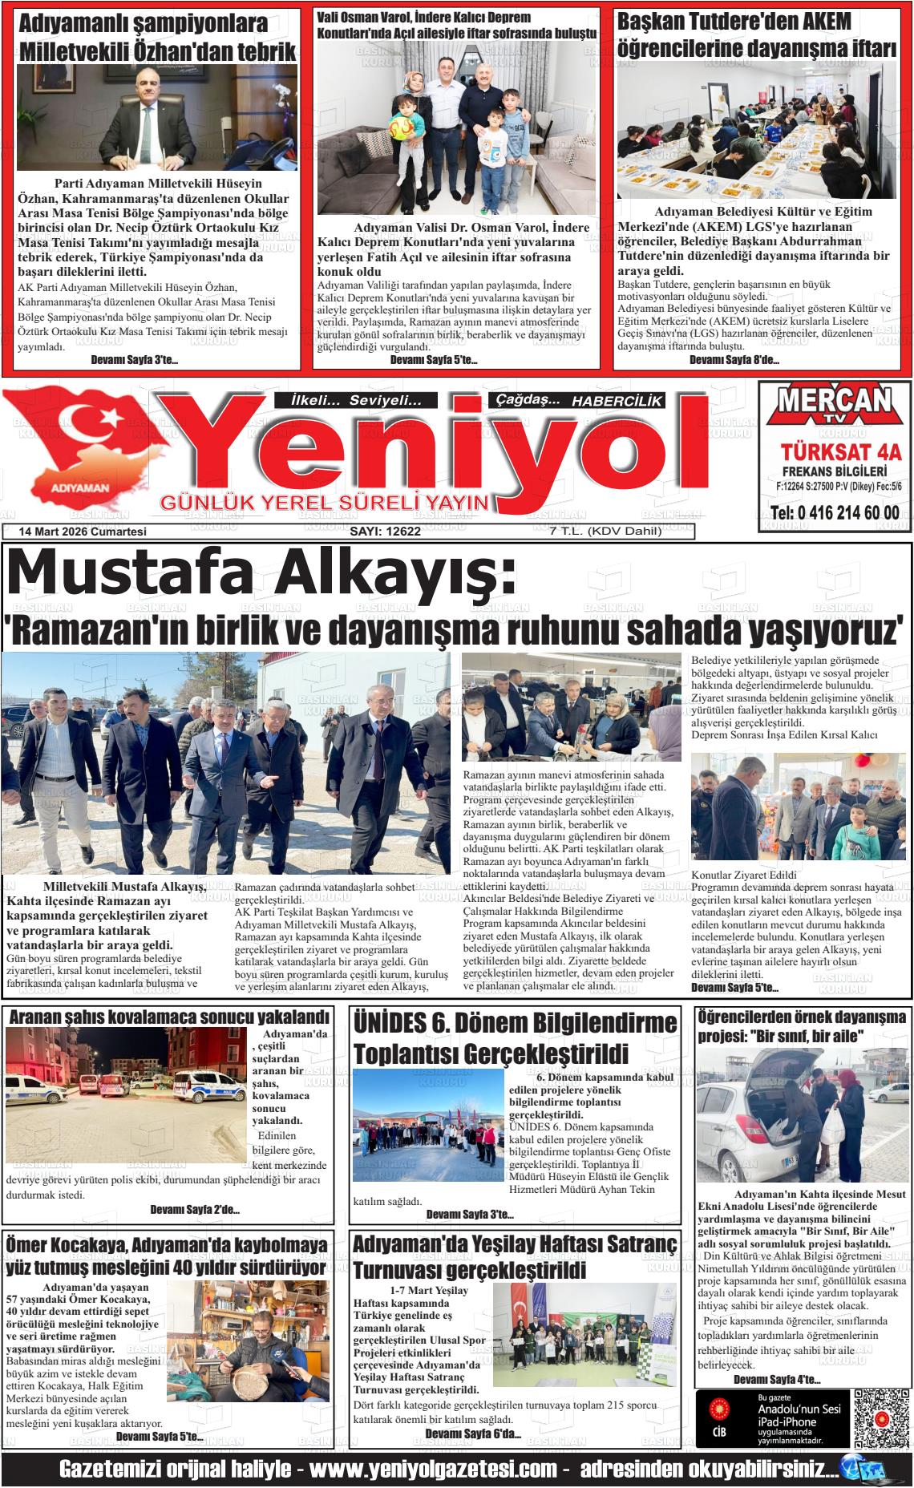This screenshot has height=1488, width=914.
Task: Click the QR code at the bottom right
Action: [880, 1417]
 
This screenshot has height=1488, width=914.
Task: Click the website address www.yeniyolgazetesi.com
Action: [433, 1470]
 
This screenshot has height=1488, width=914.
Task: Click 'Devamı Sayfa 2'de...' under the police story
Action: [195, 1210]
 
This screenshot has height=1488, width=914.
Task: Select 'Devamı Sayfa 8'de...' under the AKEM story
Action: [734, 360]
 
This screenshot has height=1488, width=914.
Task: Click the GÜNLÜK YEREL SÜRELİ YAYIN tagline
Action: [325, 503]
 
